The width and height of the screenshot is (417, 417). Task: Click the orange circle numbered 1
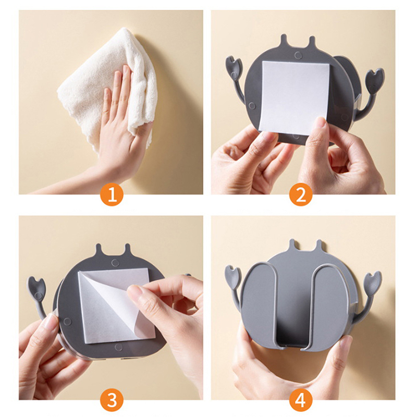[x=112, y=195]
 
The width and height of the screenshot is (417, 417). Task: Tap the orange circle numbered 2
[x=301, y=195]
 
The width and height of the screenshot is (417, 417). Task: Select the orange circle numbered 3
[x=112, y=400]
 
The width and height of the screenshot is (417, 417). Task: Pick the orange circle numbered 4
[x=301, y=400]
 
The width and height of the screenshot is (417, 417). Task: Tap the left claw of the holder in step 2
[x=234, y=67]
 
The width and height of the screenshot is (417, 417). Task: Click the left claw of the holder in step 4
[x=233, y=277]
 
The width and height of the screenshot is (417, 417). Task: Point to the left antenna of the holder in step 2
[x=284, y=40]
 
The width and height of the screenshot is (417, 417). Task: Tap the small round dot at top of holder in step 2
[x=298, y=55]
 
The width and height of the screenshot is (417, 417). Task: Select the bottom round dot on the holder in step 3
[x=118, y=347]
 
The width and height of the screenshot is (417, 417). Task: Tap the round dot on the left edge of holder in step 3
[x=67, y=322]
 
